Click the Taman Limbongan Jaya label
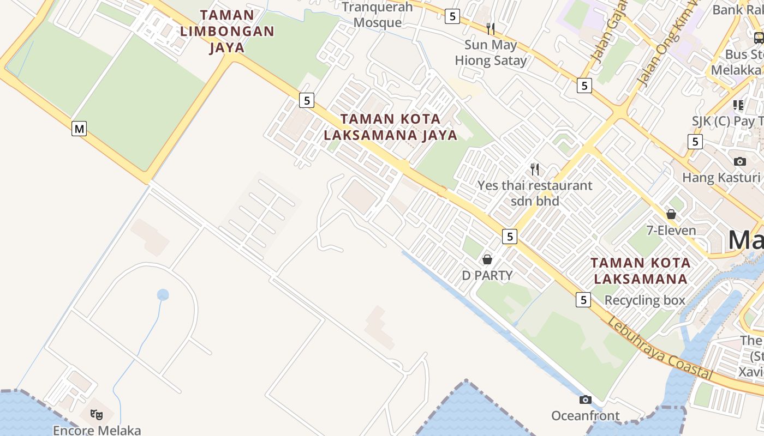tap(227, 31)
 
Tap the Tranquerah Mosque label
tap(378, 15)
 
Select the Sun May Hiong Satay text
tap(491, 52)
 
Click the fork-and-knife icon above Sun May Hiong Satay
tap(491, 28)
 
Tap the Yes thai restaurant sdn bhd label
tap(535, 193)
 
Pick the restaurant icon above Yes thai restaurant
tap(535, 169)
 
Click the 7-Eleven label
tap(671, 231)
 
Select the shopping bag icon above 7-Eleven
tap(671, 214)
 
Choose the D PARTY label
tap(487, 275)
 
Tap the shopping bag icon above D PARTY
tap(487, 259)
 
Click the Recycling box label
tap(644, 300)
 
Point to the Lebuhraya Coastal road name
tap(660, 348)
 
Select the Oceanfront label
tap(586, 416)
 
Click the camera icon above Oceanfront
tap(586, 400)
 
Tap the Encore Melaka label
tap(97, 430)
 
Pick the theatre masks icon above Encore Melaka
tap(97, 415)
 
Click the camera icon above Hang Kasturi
tap(740, 161)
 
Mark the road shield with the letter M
tap(80, 129)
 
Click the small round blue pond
tap(163, 295)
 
